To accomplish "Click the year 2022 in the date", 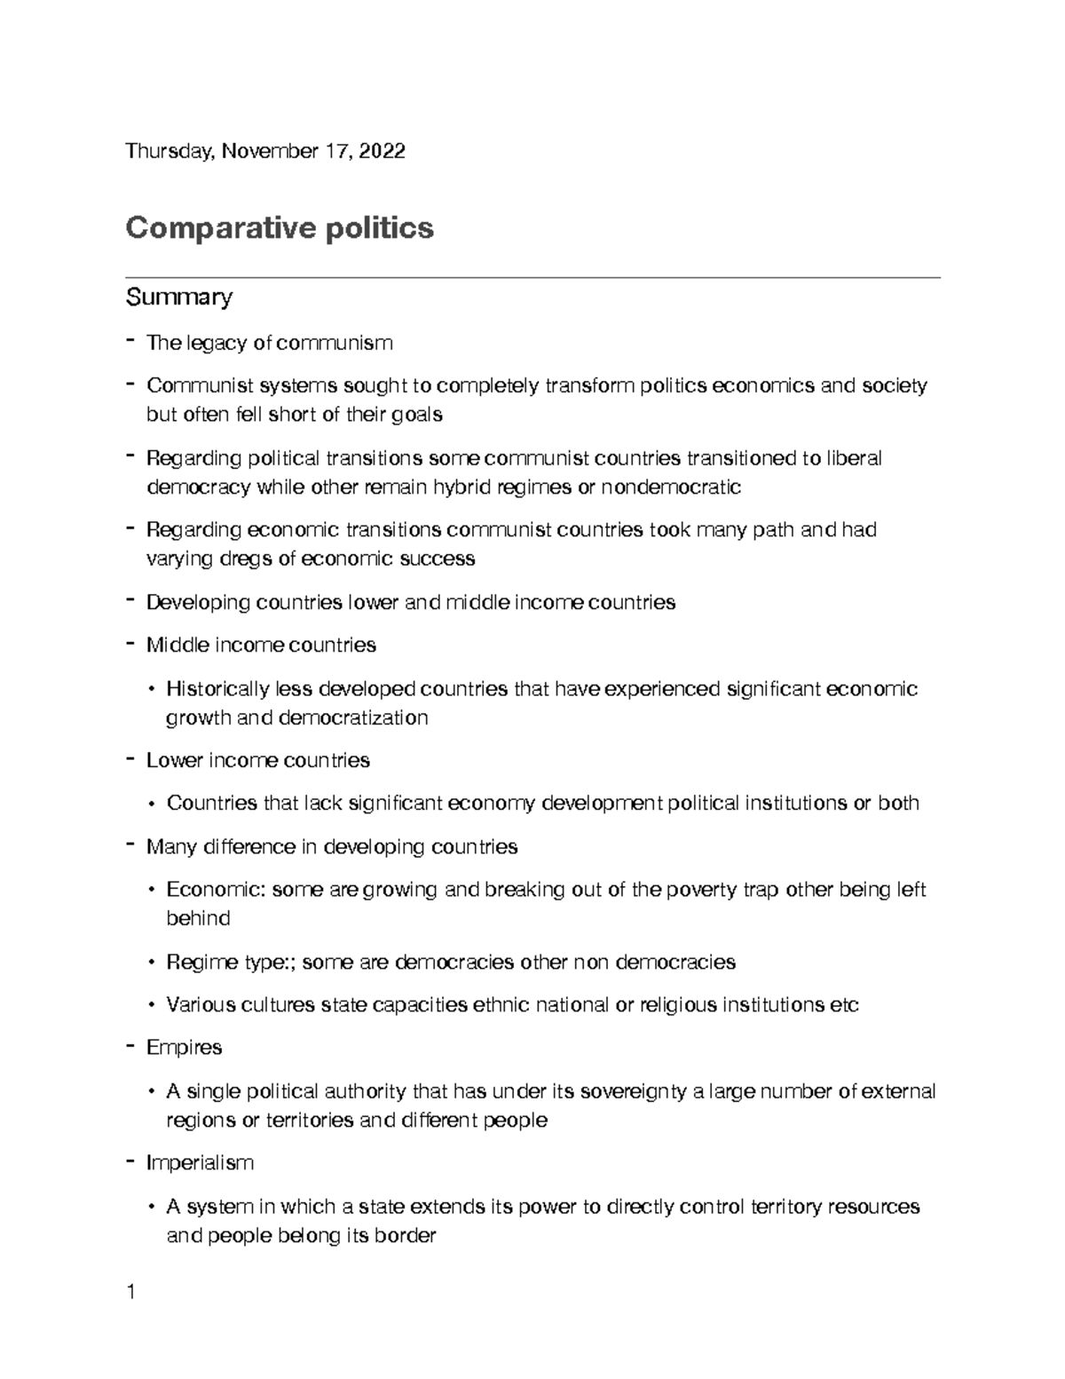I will (x=383, y=151).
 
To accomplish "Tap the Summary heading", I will (x=178, y=297).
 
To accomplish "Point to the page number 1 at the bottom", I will (x=130, y=1293).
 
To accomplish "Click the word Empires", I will (x=184, y=1048).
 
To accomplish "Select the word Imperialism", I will (x=200, y=1163).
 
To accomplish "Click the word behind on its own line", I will (x=198, y=918).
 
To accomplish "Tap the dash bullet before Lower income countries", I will (x=130, y=759).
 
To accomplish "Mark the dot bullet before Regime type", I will (x=152, y=963).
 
